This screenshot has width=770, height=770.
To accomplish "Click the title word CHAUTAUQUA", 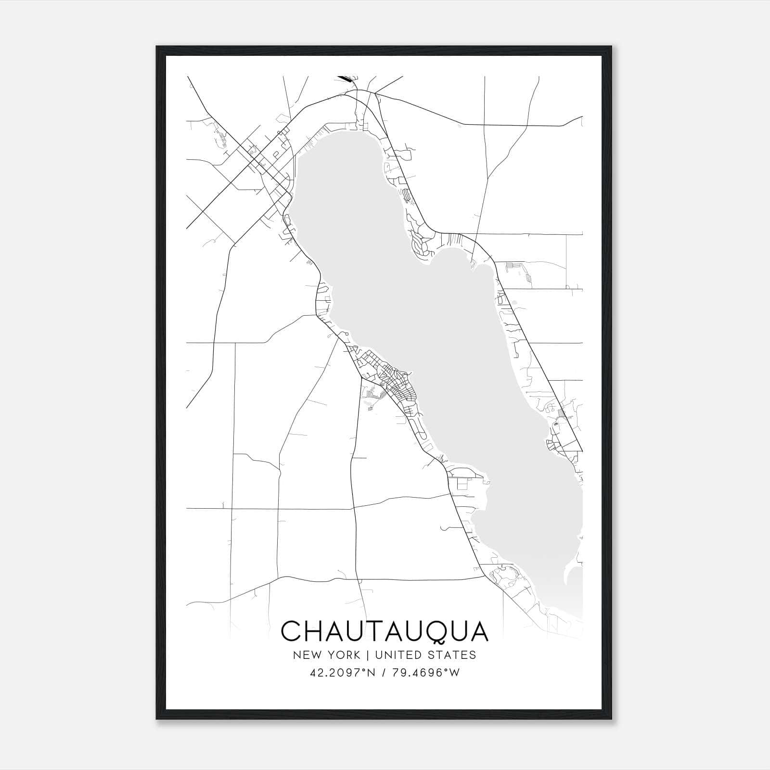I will click(385, 631).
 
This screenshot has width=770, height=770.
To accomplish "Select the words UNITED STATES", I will click(425, 655).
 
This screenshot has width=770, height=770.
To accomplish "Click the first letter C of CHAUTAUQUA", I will click(291, 631).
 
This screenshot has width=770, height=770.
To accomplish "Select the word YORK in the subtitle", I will click(343, 655).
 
